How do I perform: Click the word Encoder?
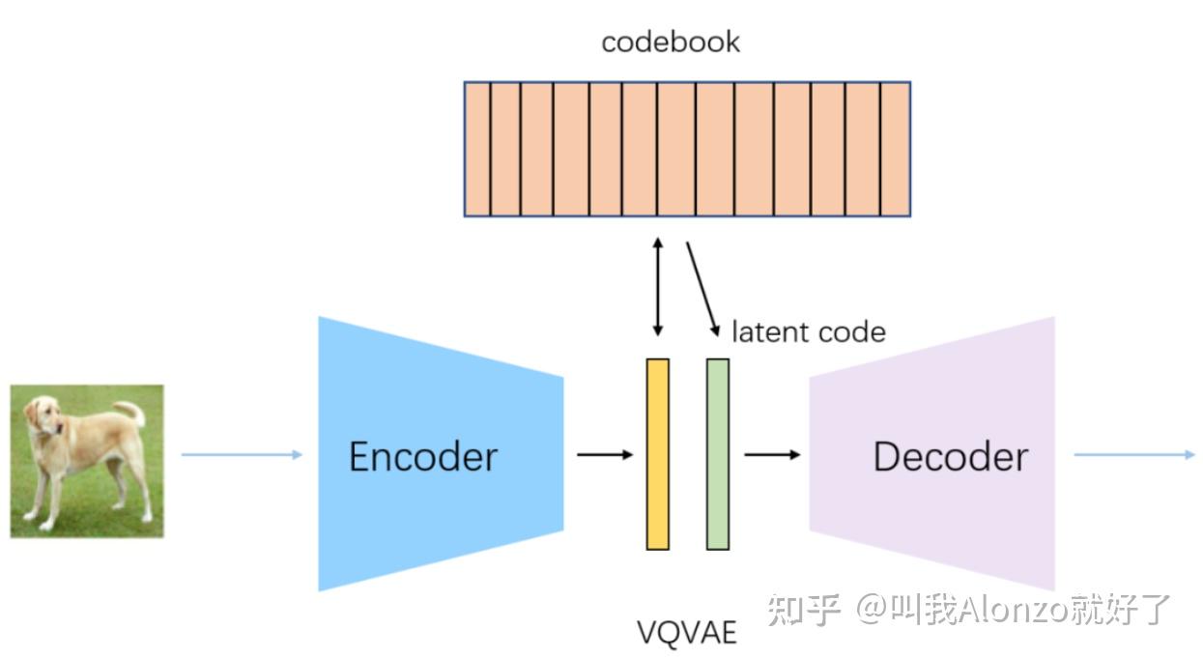pos(422,456)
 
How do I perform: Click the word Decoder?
pos(950,456)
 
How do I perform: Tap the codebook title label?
pos(671,42)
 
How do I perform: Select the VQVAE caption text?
pos(686,632)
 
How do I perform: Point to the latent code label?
pos(808,331)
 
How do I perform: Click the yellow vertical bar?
pos(657,454)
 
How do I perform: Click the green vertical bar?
pos(717,454)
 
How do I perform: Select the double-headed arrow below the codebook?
pos(658,287)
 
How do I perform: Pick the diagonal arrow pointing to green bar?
pos(702,288)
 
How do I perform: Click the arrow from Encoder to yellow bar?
pos(605,454)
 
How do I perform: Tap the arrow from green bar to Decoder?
pos(771,454)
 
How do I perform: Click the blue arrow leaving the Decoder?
pos(1133,454)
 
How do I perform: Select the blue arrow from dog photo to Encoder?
pos(242,454)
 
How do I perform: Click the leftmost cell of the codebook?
pos(477,149)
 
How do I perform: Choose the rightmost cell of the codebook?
pos(895,149)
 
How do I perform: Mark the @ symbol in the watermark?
pos(872,610)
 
